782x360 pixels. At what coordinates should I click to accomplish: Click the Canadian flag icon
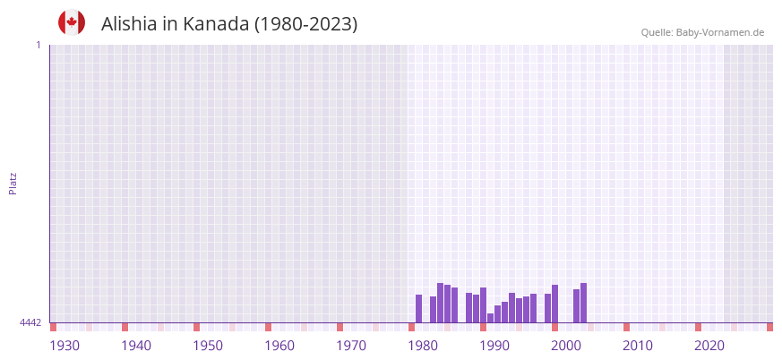(x=72, y=22)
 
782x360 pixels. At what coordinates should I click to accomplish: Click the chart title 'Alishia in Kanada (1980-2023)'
(x=229, y=24)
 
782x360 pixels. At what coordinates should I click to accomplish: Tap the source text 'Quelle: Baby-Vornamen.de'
(x=702, y=32)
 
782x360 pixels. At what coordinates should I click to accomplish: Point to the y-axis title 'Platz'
(x=13, y=183)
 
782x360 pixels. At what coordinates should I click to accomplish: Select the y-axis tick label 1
(x=38, y=45)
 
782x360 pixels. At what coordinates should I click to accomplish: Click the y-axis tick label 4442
(x=30, y=322)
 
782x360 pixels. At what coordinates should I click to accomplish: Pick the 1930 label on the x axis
(x=64, y=346)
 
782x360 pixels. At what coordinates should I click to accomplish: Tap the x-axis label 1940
(x=136, y=346)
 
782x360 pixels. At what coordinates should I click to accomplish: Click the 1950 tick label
(x=208, y=346)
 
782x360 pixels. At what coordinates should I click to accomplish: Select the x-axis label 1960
(x=279, y=346)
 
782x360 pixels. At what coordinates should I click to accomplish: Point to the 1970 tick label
(x=351, y=346)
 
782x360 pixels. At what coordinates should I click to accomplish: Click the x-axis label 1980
(x=423, y=346)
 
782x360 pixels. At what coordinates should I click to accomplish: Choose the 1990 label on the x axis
(x=494, y=346)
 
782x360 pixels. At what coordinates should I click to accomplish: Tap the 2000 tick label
(x=566, y=346)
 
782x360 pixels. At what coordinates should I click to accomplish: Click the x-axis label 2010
(x=638, y=346)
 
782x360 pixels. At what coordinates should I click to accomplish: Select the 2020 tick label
(x=709, y=346)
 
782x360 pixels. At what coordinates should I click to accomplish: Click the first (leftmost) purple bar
(x=418, y=309)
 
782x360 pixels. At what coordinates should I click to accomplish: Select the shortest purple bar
(x=490, y=318)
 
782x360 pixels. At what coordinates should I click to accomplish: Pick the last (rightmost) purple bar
(x=583, y=303)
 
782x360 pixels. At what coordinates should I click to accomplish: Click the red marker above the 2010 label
(x=626, y=327)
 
